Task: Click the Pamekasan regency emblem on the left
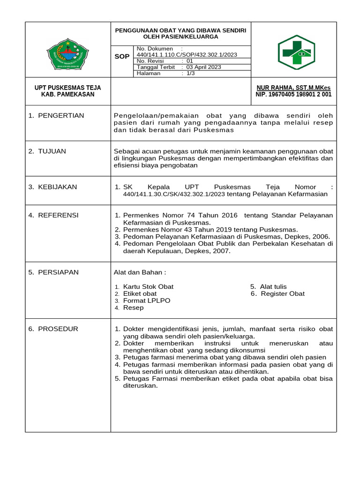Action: [x=68, y=52]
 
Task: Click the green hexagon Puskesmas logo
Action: [x=296, y=52]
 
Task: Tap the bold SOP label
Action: [x=122, y=56]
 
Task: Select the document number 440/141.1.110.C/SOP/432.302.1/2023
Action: [x=186, y=54]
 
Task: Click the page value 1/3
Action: [x=191, y=74]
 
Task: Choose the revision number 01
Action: [x=190, y=61]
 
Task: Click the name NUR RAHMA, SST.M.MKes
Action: [x=293, y=88]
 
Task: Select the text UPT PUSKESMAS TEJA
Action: [x=68, y=88]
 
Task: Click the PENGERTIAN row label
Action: [x=60, y=115]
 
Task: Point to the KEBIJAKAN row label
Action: [x=57, y=187]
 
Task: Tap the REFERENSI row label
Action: [x=58, y=215]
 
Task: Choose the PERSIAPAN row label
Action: [x=58, y=272]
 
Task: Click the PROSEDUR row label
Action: [x=57, y=329]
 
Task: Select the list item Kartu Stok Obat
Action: [x=148, y=286]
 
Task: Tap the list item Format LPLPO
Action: [x=147, y=300]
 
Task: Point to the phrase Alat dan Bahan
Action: [x=140, y=272]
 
